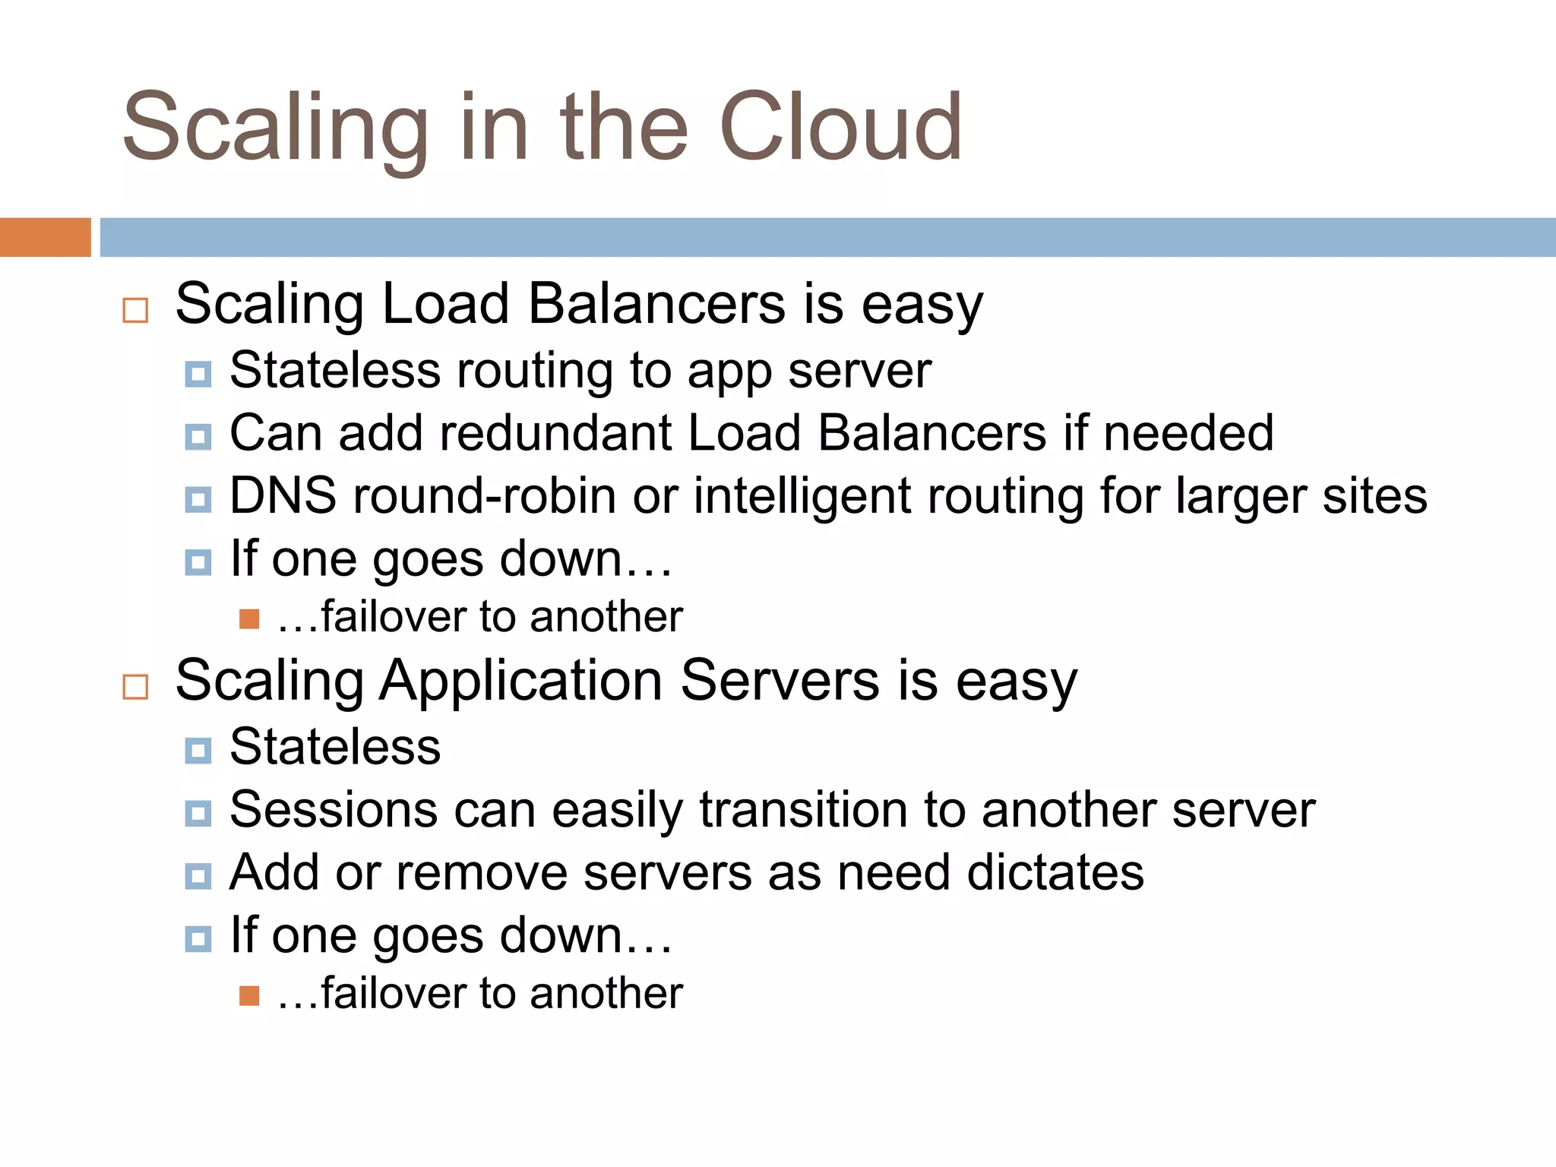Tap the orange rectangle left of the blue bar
(x=45, y=237)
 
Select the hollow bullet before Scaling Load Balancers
(x=135, y=310)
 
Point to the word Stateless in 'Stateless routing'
(x=334, y=371)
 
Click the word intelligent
(x=802, y=498)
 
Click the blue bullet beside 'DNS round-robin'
(x=198, y=500)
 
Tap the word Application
(x=520, y=681)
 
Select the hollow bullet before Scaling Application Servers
(x=135, y=687)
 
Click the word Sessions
(x=334, y=810)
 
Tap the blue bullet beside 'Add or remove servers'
(x=198, y=877)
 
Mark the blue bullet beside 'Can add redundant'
(x=198, y=437)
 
